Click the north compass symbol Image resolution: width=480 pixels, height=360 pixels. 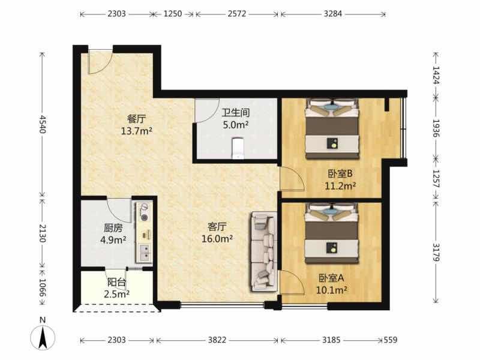click(43, 337)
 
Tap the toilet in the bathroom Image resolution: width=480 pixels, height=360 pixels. click(238, 148)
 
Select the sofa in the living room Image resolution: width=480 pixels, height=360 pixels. click(264, 251)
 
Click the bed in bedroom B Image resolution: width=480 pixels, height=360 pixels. click(332, 128)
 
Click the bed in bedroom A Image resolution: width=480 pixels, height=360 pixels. click(332, 233)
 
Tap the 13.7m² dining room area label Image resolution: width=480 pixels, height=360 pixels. click(137, 131)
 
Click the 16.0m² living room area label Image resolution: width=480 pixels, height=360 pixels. click(217, 239)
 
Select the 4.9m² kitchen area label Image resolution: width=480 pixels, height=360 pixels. click(113, 241)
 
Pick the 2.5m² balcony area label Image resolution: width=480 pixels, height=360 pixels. click(116, 294)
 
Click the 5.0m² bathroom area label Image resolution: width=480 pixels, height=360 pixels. click(235, 125)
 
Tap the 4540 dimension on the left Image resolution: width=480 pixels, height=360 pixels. click(42, 124)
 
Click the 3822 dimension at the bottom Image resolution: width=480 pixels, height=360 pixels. click(217, 340)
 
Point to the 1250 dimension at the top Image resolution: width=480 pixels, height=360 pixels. click(173, 14)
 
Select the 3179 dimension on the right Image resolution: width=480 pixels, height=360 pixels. click(436, 253)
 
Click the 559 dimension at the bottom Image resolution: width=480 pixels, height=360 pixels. click(391, 340)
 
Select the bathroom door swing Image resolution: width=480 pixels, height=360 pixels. click(207, 111)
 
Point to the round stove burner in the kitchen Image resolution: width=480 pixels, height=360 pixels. click(144, 217)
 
